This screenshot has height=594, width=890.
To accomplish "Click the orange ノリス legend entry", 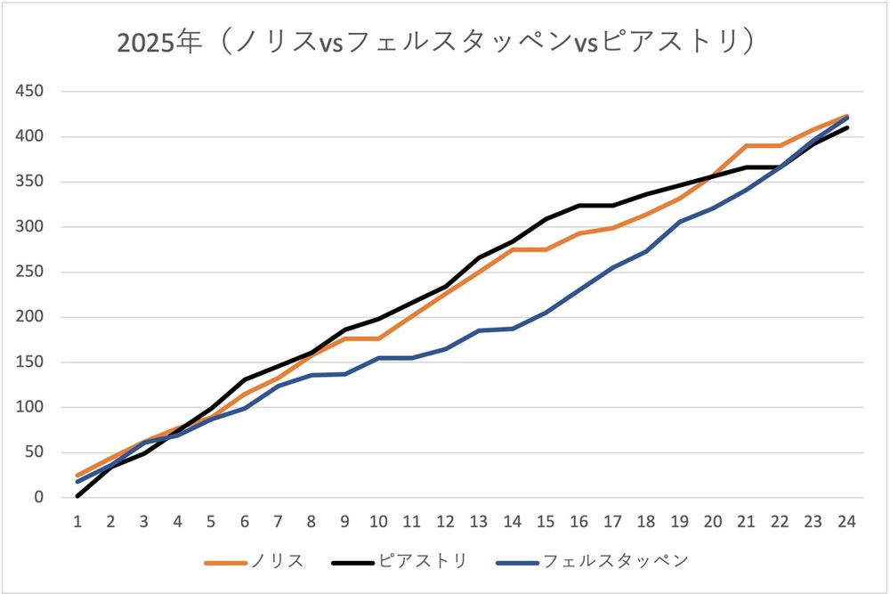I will [254, 561].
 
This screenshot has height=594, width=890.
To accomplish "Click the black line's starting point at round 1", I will [77, 496].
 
